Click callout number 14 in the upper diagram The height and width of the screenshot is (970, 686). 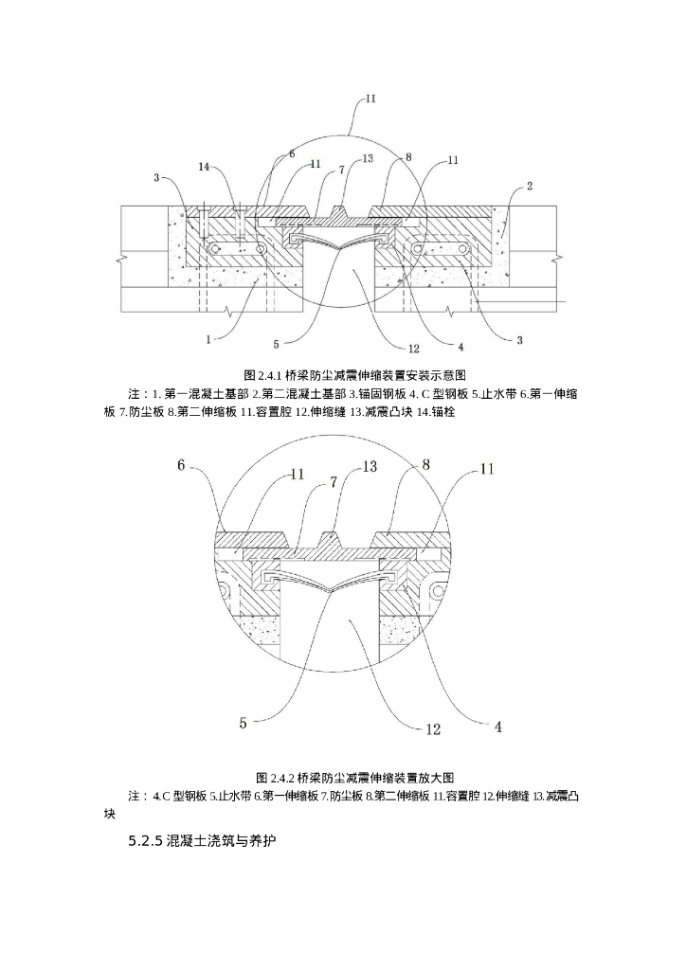[205, 167]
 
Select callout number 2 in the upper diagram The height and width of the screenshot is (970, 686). [529, 186]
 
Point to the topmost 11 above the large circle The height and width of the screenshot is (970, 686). [370, 98]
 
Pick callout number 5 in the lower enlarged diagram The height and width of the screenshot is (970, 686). [244, 723]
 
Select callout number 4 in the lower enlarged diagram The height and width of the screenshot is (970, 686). [498, 727]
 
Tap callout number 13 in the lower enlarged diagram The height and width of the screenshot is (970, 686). [370, 467]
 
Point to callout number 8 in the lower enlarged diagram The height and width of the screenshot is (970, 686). [426, 464]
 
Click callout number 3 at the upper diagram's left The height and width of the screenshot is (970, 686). [155, 177]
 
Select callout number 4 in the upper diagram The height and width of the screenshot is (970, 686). [460, 346]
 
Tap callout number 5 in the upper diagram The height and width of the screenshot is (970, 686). [275, 344]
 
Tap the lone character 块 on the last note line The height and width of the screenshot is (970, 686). [110, 813]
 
